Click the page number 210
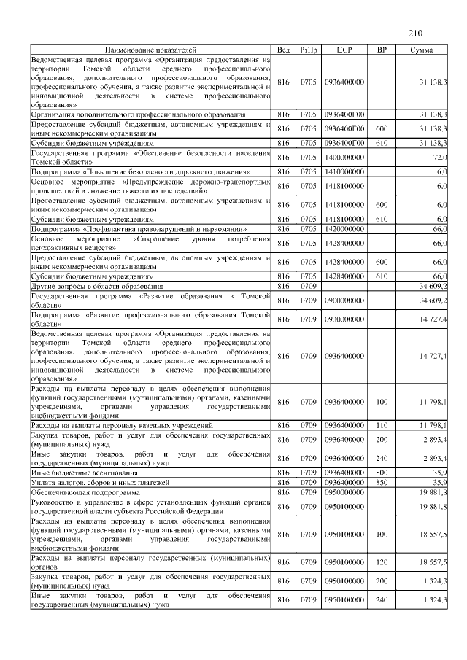[416, 33]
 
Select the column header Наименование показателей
[150, 50]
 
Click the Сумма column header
[421, 50]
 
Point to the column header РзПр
[307, 50]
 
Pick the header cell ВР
[381, 50]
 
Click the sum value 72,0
[439, 157]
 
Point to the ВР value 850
[381, 482]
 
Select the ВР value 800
[381, 473]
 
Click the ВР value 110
[381, 425]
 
